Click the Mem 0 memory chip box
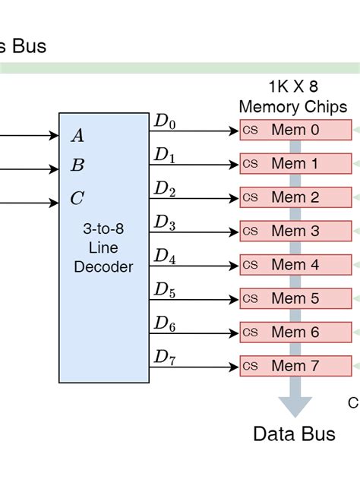pos(296,130)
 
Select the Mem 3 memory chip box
pos(296,231)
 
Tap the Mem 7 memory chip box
pos(296,366)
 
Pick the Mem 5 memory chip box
pos(296,298)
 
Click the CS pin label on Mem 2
pos(251,197)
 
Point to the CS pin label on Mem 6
pos(251,332)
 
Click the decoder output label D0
pos(165,121)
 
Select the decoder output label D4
pos(165,256)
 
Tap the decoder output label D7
pos(165,357)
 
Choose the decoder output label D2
pos(165,188)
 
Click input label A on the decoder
pos(77,137)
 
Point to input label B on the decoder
pos(77,165)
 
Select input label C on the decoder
pos(77,199)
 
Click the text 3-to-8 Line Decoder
pos(104,247)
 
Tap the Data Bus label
pos(294,434)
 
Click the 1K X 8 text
pos(292,86)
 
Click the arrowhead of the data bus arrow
pos(295,405)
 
